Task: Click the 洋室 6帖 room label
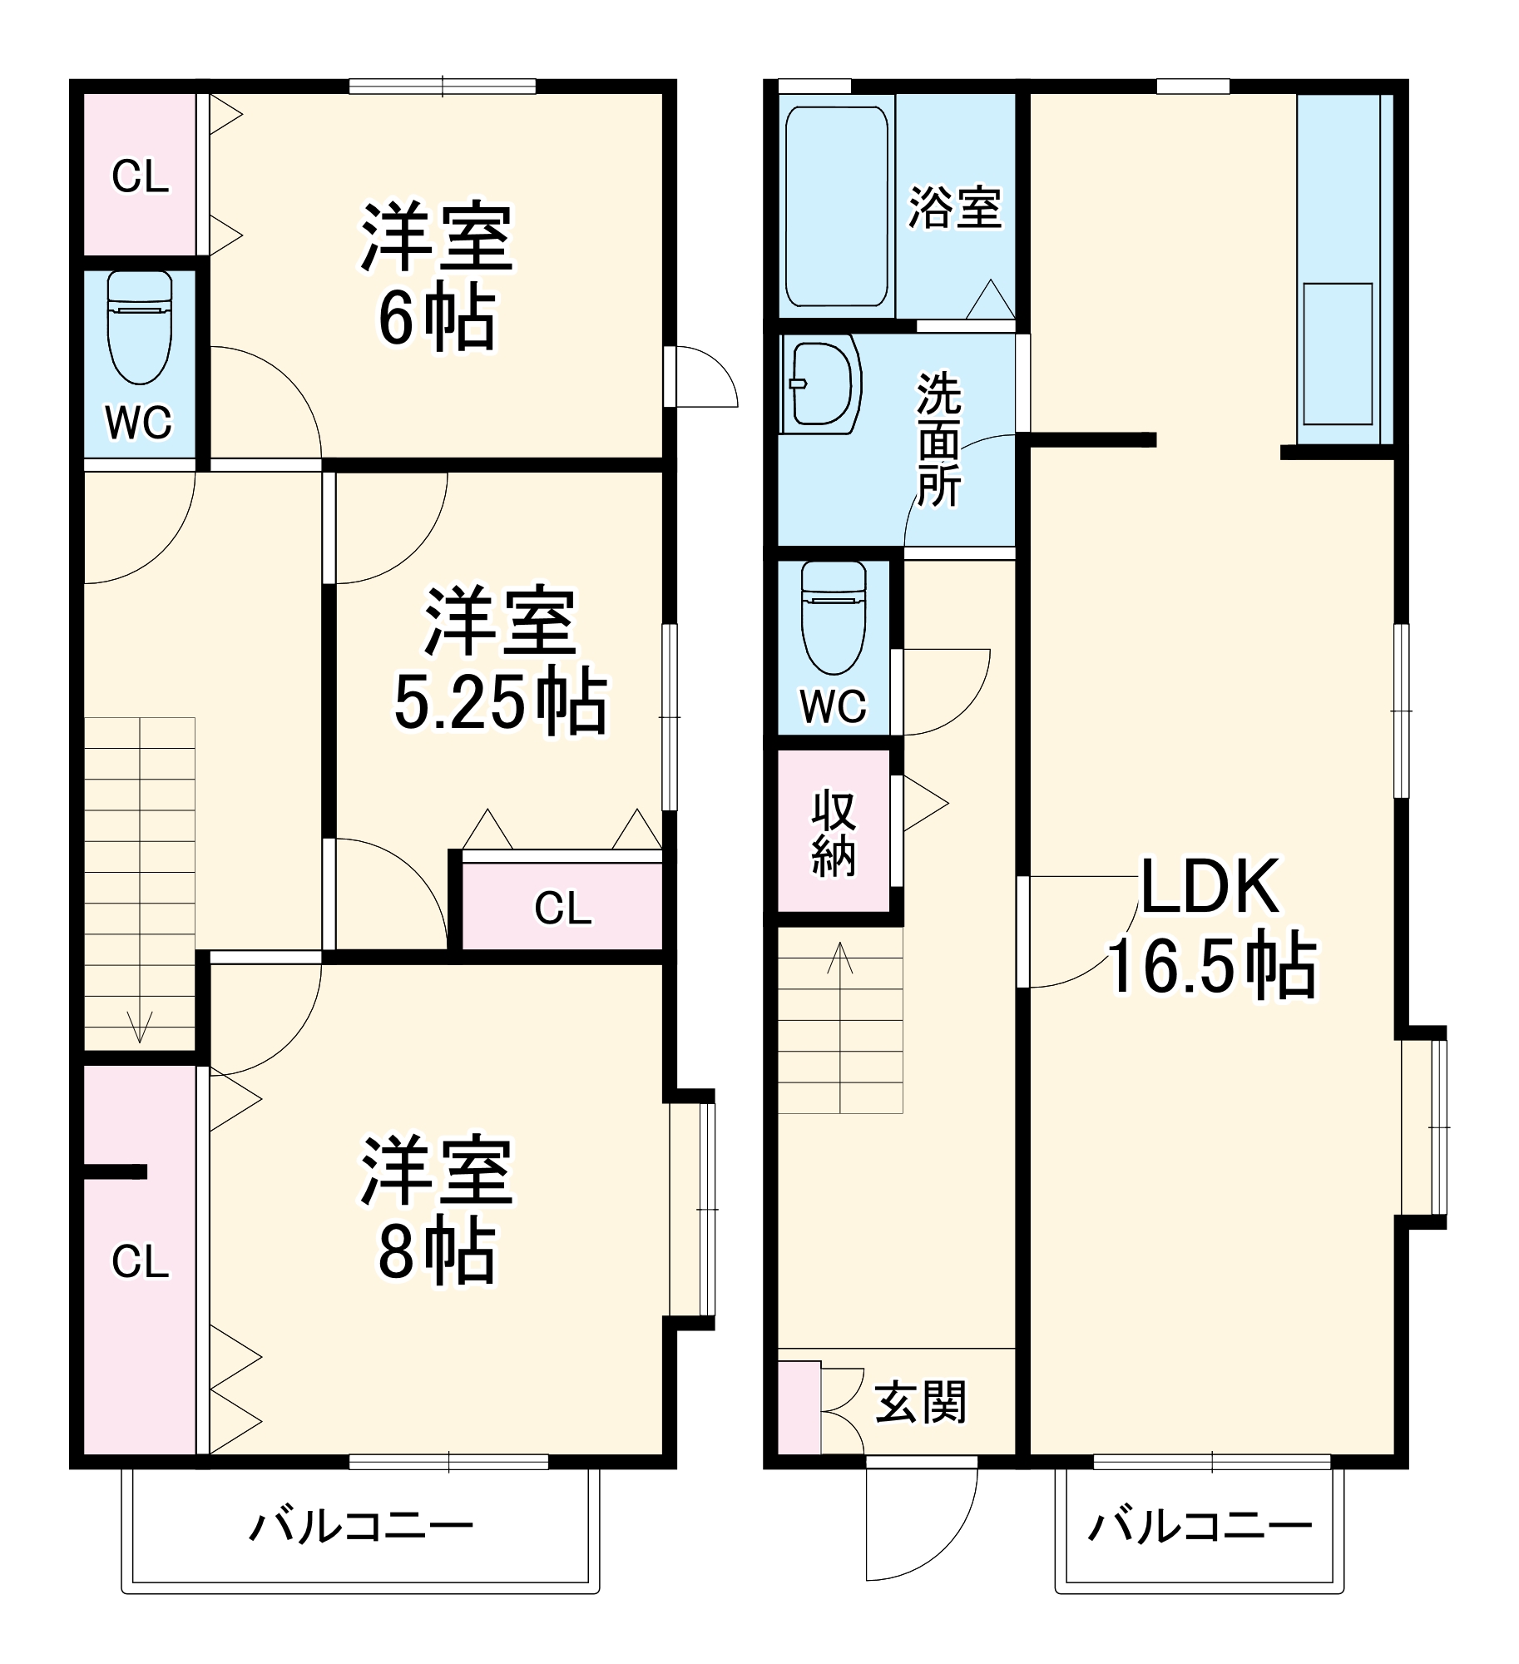click(x=437, y=276)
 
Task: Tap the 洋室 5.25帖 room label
click(x=500, y=661)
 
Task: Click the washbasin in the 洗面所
click(x=821, y=384)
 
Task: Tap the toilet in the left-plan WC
click(x=140, y=329)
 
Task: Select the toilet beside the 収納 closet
click(x=833, y=617)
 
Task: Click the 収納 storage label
click(x=834, y=832)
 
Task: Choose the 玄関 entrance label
click(x=920, y=1402)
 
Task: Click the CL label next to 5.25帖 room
click(x=563, y=908)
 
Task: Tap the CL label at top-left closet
click(x=140, y=176)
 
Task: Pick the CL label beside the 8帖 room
click(x=140, y=1261)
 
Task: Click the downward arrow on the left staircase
click(x=139, y=1026)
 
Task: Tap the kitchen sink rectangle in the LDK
click(x=1338, y=354)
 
